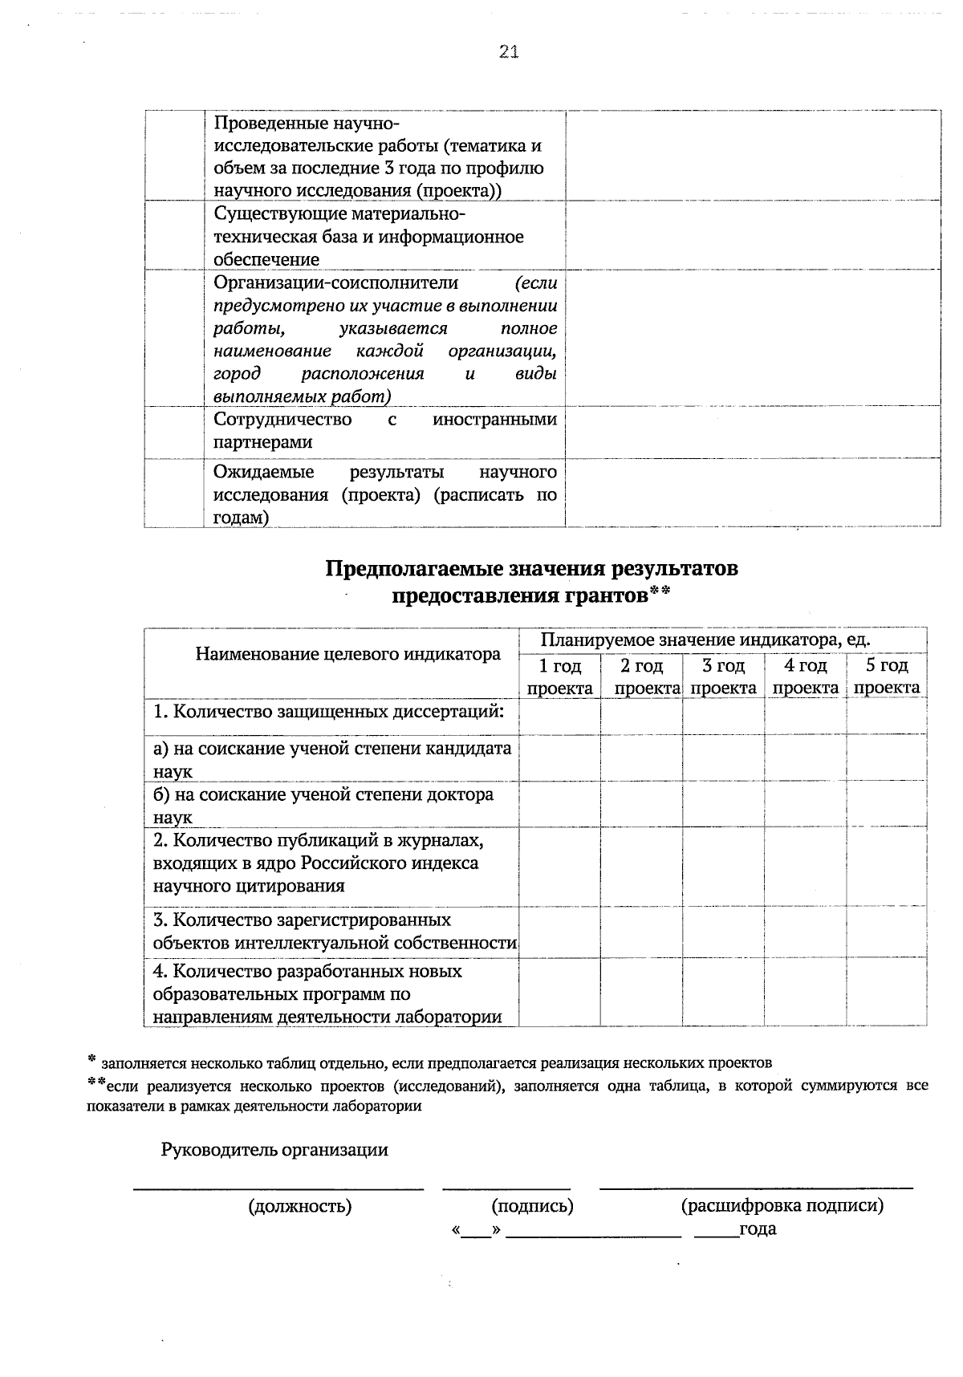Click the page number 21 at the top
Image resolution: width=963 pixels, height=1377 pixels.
(x=509, y=52)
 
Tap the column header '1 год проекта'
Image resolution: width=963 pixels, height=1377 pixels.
(x=559, y=676)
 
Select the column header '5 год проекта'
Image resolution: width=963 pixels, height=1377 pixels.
(x=887, y=676)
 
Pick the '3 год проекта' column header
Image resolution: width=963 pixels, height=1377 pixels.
(x=723, y=676)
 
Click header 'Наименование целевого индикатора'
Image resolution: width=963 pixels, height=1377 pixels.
(x=347, y=654)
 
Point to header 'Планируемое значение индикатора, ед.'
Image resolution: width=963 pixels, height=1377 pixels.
(x=705, y=640)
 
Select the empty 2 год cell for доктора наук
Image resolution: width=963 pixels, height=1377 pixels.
(x=641, y=805)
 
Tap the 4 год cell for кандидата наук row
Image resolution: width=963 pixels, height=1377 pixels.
(x=805, y=758)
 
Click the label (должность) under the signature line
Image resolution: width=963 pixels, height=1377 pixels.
(x=300, y=1205)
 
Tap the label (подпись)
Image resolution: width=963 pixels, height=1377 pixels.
(x=532, y=1205)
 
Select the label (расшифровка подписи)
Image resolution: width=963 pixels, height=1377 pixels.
(x=782, y=1205)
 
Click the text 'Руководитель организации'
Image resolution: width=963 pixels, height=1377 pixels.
(x=274, y=1150)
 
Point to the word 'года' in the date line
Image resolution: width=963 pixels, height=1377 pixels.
(x=758, y=1229)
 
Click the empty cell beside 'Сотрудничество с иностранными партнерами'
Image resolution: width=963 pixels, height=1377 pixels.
(x=753, y=432)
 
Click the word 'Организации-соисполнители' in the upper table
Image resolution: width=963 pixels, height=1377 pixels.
(x=335, y=282)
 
